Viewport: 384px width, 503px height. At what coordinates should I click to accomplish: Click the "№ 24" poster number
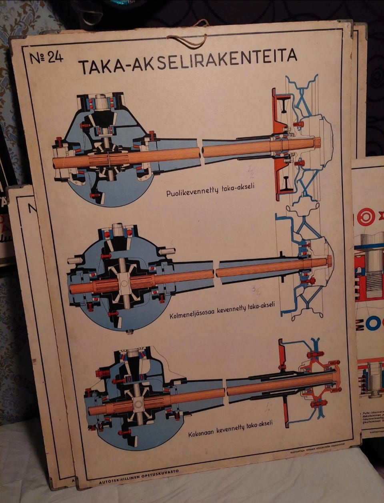coord(46,57)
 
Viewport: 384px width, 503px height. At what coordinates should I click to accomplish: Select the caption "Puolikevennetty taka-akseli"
coord(210,190)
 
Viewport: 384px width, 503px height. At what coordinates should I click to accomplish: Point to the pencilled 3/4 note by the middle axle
coord(256,289)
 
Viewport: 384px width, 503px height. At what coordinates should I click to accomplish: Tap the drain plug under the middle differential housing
coord(128,331)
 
